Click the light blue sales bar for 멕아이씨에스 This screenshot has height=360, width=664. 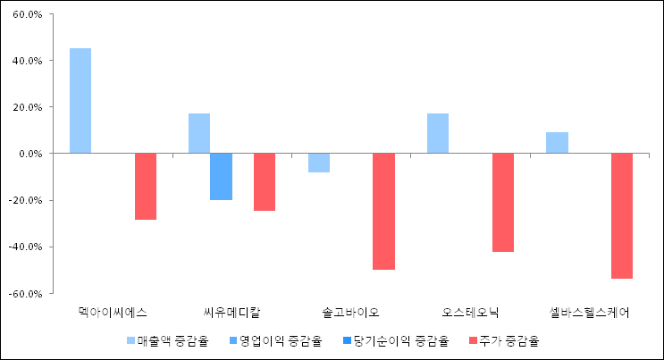(x=80, y=101)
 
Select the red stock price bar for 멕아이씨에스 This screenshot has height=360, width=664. (x=146, y=186)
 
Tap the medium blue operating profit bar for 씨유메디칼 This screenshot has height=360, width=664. (x=221, y=177)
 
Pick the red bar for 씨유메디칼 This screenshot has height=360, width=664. (x=265, y=182)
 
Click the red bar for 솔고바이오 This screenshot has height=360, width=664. (x=383, y=211)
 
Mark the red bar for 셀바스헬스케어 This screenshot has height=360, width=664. (x=622, y=215)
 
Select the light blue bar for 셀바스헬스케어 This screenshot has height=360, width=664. (x=557, y=143)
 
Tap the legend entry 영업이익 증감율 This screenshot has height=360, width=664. (x=276, y=340)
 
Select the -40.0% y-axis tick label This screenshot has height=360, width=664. (x=24, y=247)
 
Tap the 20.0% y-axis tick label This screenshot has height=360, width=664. (x=26, y=107)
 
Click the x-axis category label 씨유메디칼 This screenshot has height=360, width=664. (x=232, y=312)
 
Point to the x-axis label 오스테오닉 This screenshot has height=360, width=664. (x=470, y=312)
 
